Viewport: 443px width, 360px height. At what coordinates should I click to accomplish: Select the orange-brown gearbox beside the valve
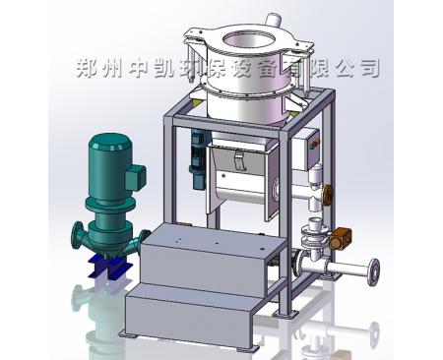342,238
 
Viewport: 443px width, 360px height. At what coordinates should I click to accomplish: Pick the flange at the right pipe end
372,270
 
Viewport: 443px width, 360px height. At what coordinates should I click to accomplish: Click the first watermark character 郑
86,69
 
